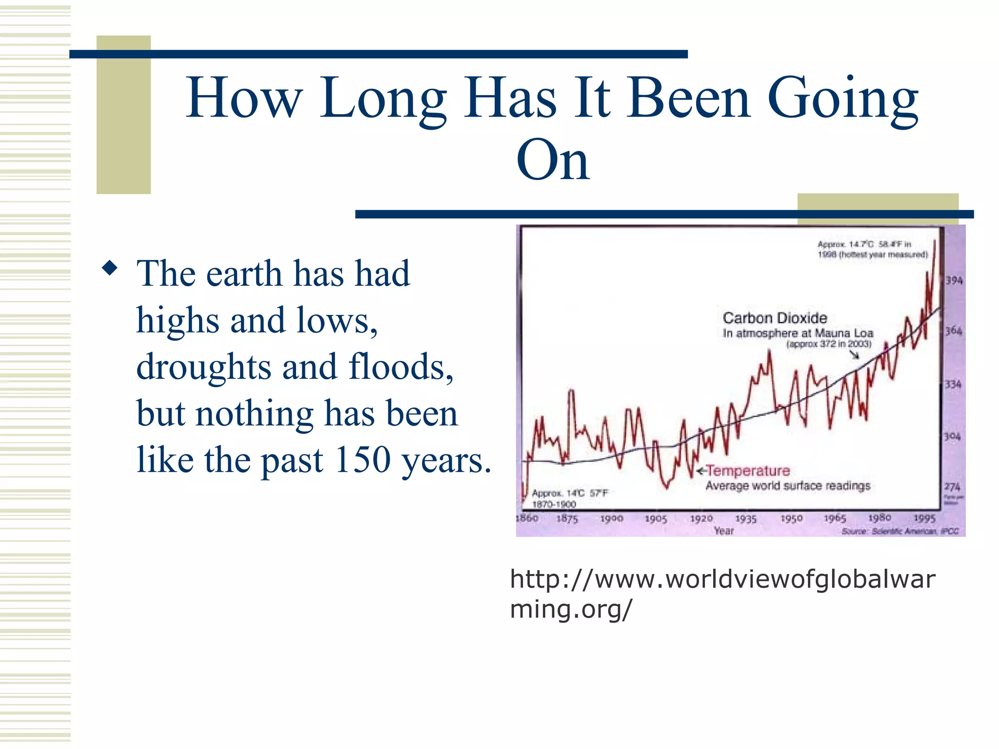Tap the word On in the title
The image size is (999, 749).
(x=553, y=161)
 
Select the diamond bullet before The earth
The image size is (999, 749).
(x=110, y=268)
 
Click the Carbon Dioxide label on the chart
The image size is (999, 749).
(x=775, y=318)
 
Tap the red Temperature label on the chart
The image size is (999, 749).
(x=748, y=471)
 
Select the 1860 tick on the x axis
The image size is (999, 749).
(x=527, y=518)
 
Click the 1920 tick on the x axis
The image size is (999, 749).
(x=701, y=518)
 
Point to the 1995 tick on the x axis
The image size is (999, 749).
(x=924, y=518)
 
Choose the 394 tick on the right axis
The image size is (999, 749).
(x=954, y=280)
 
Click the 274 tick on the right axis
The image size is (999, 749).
(x=952, y=487)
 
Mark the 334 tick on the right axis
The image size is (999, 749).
(x=953, y=384)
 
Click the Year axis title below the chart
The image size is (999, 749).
(x=723, y=531)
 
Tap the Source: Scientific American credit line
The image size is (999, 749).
(x=900, y=531)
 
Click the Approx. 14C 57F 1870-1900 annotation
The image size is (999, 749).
(x=569, y=498)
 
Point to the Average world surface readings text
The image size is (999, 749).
(x=788, y=486)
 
